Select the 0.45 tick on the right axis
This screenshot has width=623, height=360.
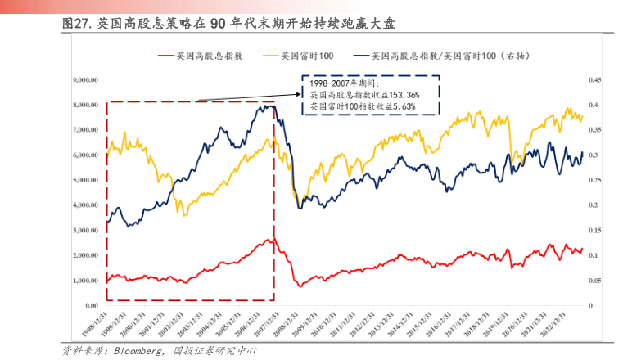(595, 80)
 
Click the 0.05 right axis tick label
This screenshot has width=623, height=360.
(595, 281)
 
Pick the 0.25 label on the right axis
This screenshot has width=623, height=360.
(595, 181)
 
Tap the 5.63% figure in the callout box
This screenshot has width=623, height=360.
(403, 107)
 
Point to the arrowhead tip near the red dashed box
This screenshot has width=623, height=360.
(199, 101)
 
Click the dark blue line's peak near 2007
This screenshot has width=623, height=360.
(267, 105)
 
